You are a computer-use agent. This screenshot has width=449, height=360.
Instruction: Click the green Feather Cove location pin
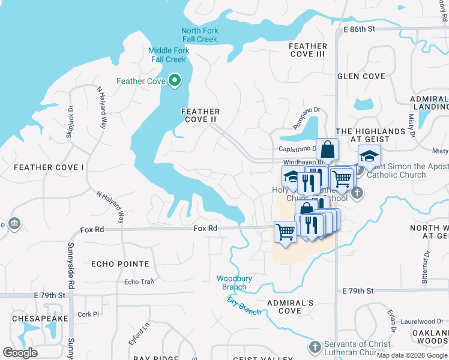tap(175, 80)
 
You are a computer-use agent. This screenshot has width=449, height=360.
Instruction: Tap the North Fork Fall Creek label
tap(200, 35)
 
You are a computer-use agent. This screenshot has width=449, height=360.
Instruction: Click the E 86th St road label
tap(359, 29)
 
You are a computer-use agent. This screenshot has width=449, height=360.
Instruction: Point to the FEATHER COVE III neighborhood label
tap(307, 50)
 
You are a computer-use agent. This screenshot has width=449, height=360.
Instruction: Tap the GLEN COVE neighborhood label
tap(361, 76)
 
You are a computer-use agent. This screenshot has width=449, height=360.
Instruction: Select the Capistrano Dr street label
tap(297, 149)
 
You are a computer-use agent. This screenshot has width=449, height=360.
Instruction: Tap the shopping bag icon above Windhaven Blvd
tap(328, 149)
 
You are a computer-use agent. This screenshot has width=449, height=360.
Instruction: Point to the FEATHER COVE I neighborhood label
tap(49, 167)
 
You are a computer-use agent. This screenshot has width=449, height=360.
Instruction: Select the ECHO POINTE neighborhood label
tap(120, 264)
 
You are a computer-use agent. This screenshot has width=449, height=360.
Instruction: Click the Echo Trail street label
tap(139, 282)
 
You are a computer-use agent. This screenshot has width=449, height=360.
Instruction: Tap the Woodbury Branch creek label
tap(232, 283)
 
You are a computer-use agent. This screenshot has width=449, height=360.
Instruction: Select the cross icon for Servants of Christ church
tap(315, 347)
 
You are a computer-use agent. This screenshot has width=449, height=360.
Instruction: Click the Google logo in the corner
tap(20, 353)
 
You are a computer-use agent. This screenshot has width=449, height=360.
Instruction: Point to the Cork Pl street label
tap(88, 314)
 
